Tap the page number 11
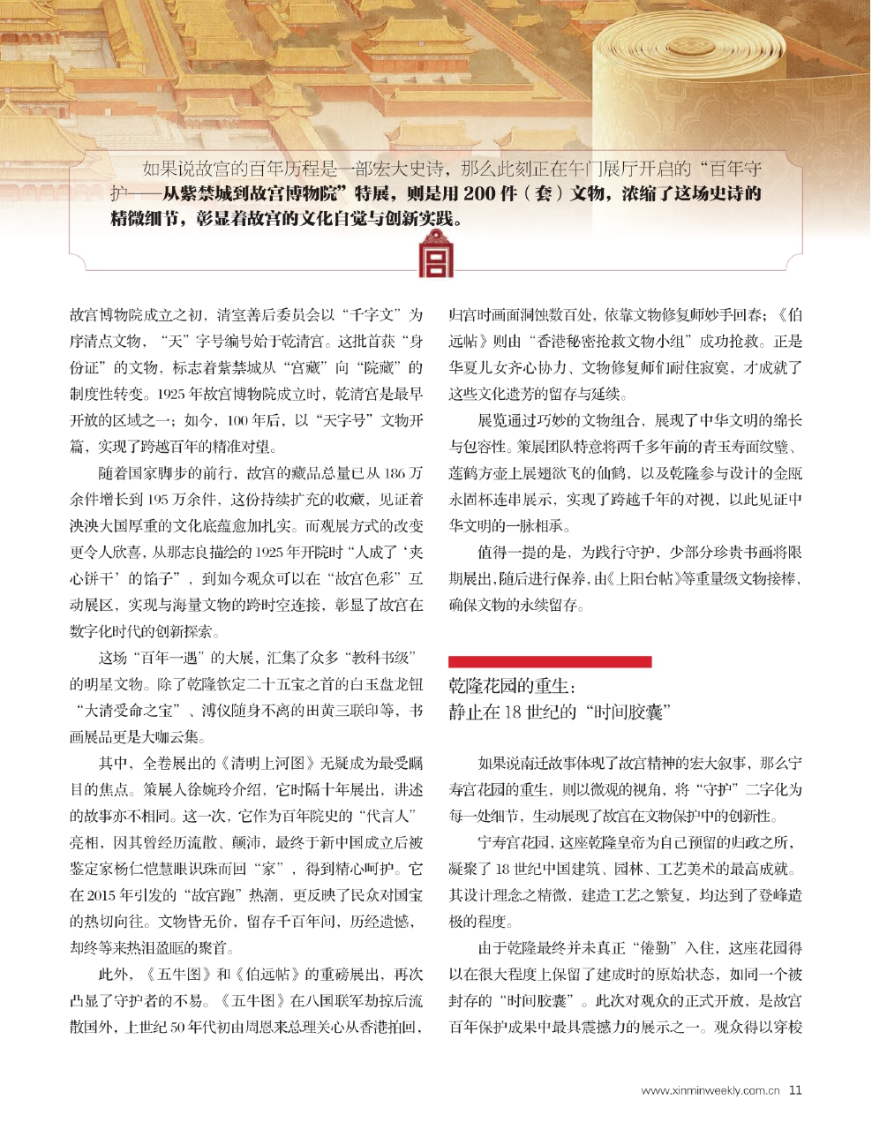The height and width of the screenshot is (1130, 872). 795,1090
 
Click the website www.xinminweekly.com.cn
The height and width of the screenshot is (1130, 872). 710,1091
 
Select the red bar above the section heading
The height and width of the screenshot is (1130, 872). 550,661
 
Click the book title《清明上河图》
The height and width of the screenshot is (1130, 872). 256,764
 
